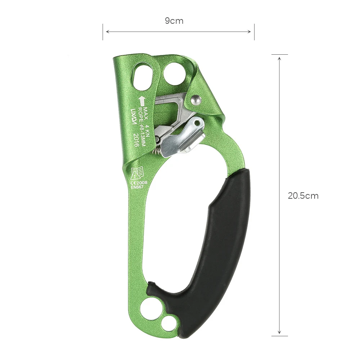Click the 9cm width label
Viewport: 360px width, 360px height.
click(x=174, y=21)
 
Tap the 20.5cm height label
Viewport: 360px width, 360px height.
click(x=303, y=196)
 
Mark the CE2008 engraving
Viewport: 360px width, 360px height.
click(x=139, y=182)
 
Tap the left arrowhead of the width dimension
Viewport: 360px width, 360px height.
click(x=106, y=32)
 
